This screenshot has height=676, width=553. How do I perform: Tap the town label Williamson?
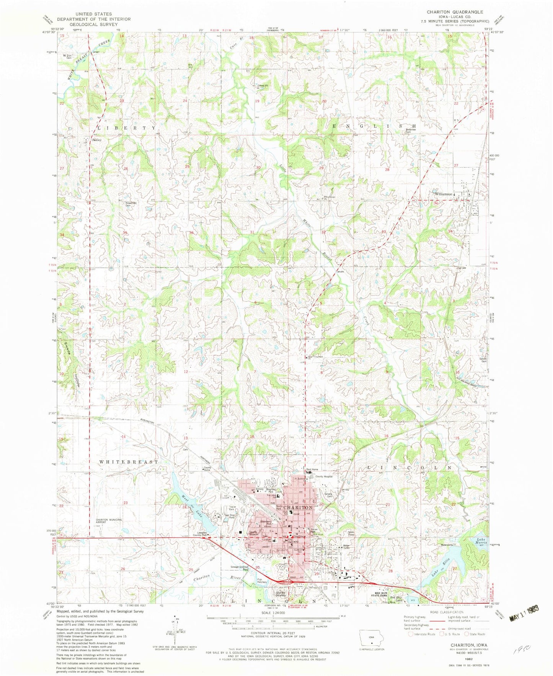click(444, 194)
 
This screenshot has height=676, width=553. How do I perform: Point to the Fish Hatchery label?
click(262, 581)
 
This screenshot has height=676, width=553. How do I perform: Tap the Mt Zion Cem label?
click(67, 57)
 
